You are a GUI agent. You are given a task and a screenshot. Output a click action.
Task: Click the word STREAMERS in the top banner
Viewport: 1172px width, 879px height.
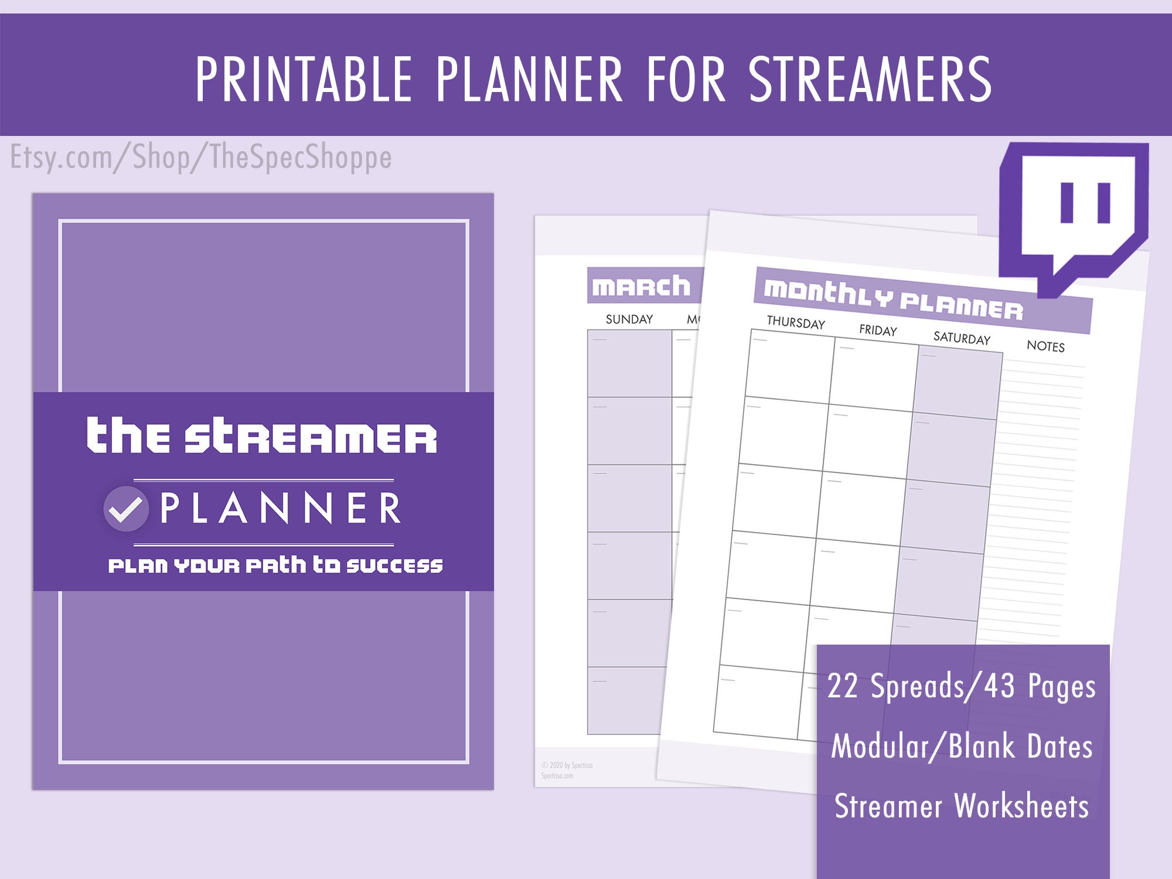pyautogui.click(x=870, y=79)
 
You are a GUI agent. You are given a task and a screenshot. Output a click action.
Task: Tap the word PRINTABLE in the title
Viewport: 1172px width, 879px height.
pyautogui.click(x=304, y=79)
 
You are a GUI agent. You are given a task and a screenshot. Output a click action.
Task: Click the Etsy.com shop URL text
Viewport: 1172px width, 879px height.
pyautogui.click(x=201, y=157)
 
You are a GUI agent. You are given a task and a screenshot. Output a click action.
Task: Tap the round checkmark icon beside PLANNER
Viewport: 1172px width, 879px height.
pyautogui.click(x=125, y=509)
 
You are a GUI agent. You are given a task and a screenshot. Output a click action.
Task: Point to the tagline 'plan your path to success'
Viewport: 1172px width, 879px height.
pyautogui.click(x=275, y=565)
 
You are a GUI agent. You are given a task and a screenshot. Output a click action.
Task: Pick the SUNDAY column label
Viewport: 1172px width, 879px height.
pyautogui.click(x=629, y=319)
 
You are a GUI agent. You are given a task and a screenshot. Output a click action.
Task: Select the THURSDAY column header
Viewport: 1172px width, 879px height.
pyautogui.click(x=796, y=322)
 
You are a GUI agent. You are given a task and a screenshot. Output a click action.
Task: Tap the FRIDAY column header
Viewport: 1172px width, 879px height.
pyautogui.click(x=878, y=330)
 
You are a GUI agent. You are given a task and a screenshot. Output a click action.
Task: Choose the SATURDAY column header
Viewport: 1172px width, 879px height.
pyautogui.click(x=962, y=338)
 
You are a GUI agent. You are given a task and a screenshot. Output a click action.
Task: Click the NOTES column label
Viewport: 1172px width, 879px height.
pyautogui.click(x=1045, y=346)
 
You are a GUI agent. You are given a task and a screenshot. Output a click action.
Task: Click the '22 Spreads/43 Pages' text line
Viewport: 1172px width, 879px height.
pyautogui.click(x=961, y=686)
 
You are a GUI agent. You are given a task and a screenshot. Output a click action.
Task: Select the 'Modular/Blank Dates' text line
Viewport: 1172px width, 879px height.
pyautogui.click(x=961, y=746)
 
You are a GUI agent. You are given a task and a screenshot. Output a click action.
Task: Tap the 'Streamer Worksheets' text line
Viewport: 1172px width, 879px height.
pyautogui.click(x=961, y=806)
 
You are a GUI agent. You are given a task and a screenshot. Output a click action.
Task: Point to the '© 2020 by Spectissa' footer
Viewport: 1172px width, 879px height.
pyautogui.click(x=567, y=765)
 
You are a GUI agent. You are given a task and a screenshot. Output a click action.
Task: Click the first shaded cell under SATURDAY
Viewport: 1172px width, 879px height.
pyautogui.click(x=957, y=382)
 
